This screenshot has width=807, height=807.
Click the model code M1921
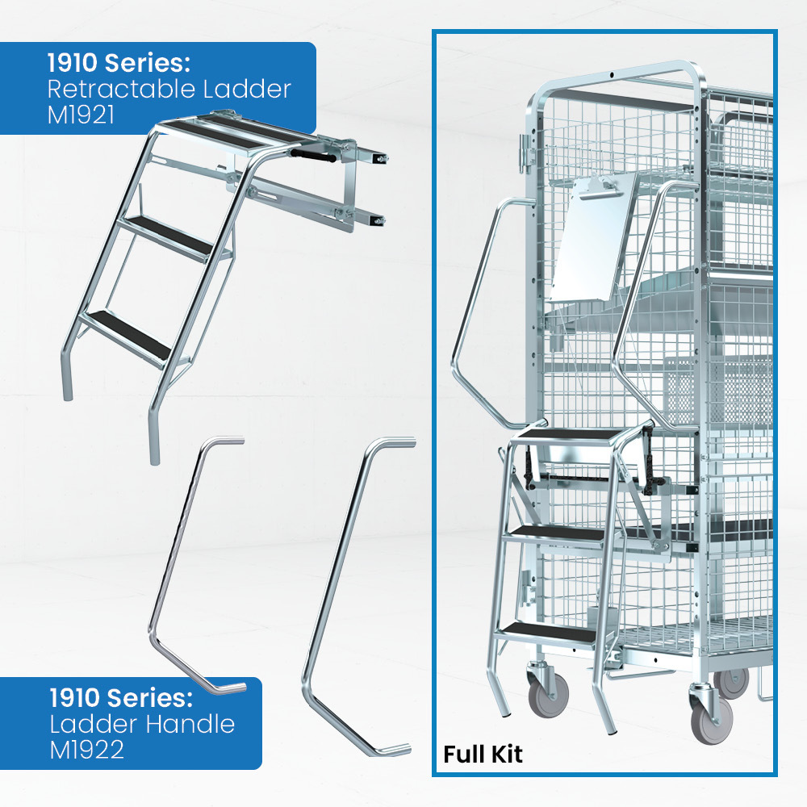[x=80, y=115]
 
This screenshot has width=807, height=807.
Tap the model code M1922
[x=86, y=750]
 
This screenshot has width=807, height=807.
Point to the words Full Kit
[x=483, y=754]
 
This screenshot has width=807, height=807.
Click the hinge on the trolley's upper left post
[x=526, y=153]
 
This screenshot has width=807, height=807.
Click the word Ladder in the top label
[x=246, y=89]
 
